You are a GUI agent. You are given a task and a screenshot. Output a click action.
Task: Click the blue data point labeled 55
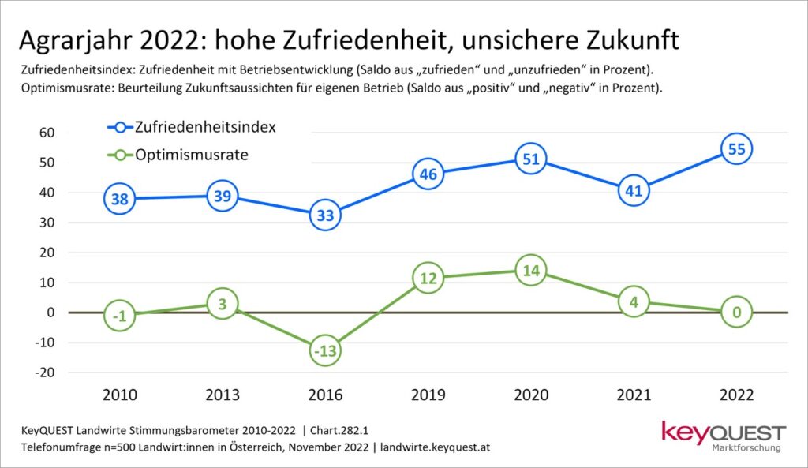pos(736,148)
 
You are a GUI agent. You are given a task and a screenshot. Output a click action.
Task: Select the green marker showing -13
pos(325,351)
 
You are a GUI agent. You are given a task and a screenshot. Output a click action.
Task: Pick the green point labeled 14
pos(530,271)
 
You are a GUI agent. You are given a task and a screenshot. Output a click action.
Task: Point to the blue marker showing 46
pos(428,174)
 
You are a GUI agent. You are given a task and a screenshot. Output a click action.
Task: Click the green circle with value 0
pos(736,313)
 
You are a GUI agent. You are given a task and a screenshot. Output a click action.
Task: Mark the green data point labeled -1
pos(119,316)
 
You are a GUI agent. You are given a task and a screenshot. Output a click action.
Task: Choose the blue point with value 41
pos(633,189)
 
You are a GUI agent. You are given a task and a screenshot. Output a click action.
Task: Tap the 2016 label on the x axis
pos(325,395)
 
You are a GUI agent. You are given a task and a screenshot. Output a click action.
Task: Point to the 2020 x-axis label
pos(530,395)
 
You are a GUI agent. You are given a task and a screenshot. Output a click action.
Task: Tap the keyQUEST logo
pos(724,436)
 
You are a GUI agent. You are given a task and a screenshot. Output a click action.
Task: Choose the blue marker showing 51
pos(530,159)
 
